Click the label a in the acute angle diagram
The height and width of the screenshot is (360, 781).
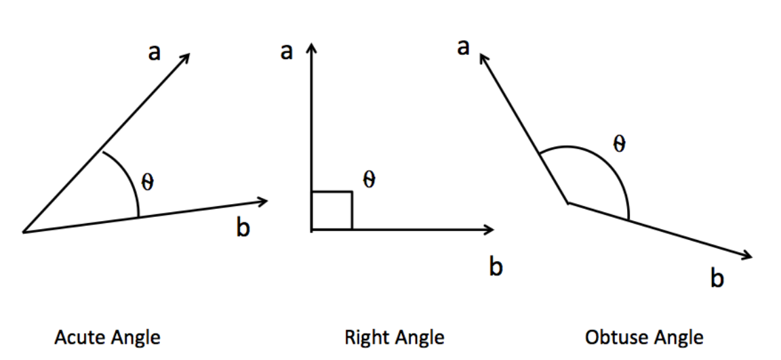click(155, 53)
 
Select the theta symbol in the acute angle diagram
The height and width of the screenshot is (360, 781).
click(148, 182)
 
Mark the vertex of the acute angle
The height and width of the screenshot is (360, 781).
click(24, 232)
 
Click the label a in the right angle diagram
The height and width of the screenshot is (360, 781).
click(287, 52)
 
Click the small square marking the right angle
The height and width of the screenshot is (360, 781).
click(332, 211)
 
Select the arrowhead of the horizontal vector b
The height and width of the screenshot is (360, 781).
click(489, 230)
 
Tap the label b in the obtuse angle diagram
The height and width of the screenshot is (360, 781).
click(717, 279)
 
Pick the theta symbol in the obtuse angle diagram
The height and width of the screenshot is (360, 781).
click(618, 144)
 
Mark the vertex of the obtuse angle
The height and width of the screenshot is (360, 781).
click(567, 202)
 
